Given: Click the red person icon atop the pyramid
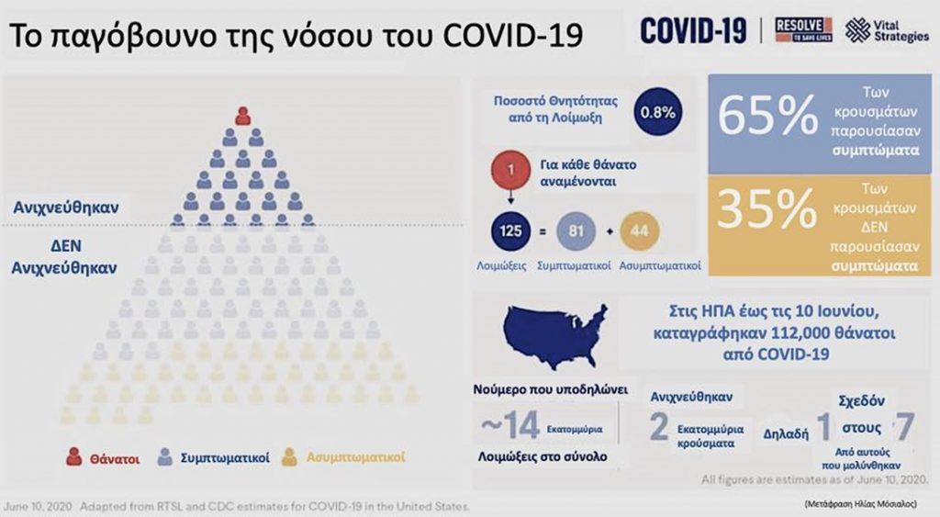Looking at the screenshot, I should coord(242,116).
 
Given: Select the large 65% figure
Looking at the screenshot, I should coord(767,117).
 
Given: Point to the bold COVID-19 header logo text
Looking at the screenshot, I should coord(693,29).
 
